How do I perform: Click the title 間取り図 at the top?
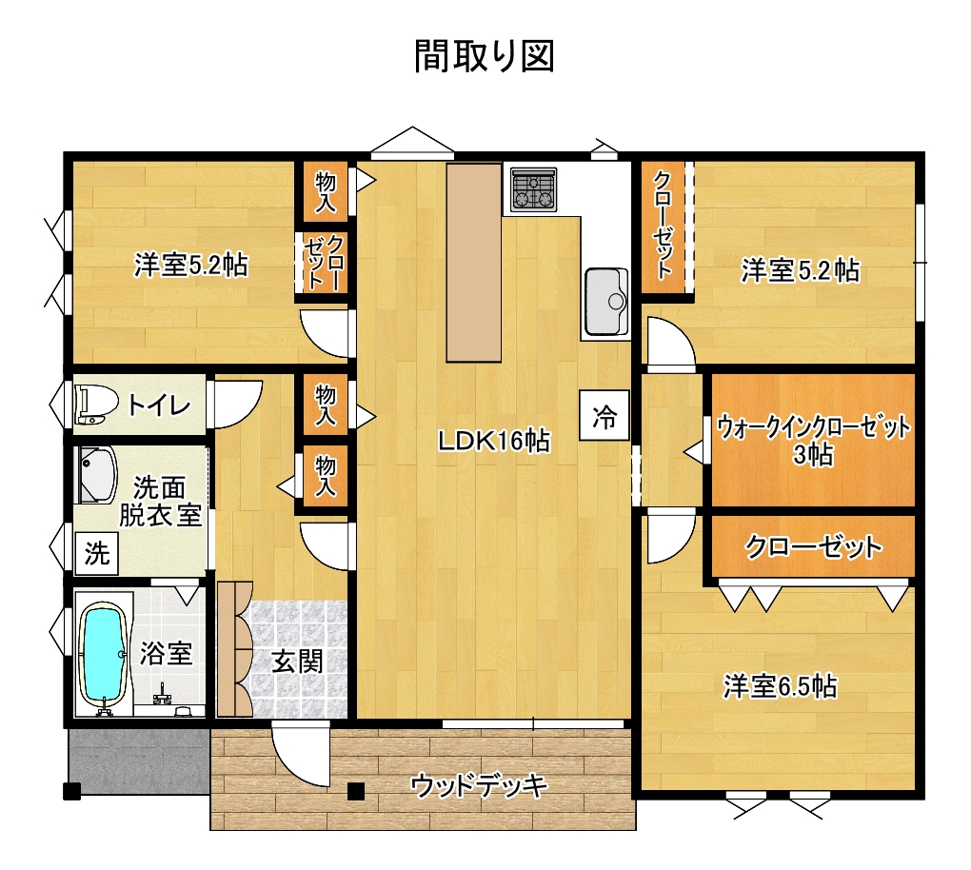[484, 56]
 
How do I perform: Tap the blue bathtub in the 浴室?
[104, 653]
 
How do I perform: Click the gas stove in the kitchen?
[534, 188]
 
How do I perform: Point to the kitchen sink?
[606, 302]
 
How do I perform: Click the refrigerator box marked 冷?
[604, 416]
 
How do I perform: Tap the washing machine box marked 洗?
[97, 553]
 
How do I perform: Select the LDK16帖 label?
[494, 442]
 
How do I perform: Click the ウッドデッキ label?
[479, 786]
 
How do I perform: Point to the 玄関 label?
[298, 662]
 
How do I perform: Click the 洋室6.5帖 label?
[781, 686]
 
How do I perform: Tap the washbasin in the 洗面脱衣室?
[97, 474]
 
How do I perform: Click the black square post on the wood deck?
[355, 792]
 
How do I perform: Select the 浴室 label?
[167, 653]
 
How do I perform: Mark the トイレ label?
[159, 405]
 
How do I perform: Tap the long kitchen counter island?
[474, 263]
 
